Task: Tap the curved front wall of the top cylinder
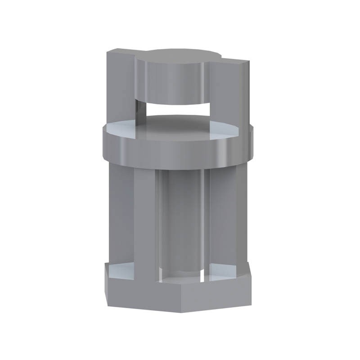tap(173, 83)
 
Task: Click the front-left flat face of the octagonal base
tap(130, 292)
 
